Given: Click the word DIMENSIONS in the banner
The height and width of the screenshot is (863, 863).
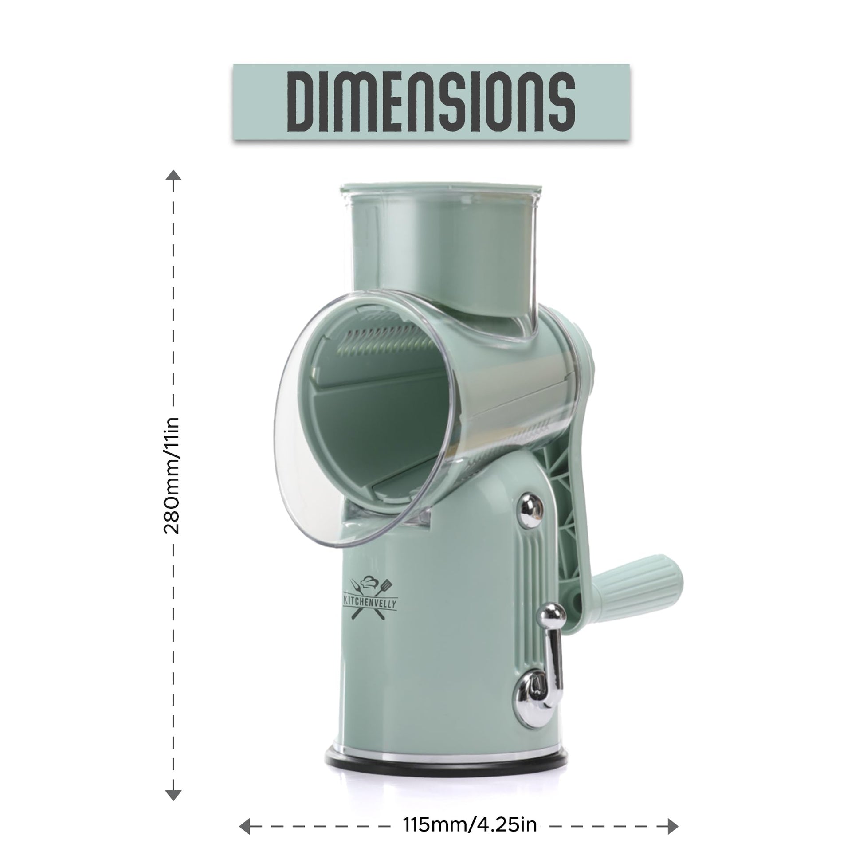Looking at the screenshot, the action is (431, 102).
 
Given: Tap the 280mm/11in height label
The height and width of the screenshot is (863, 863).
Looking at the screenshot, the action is (172, 476).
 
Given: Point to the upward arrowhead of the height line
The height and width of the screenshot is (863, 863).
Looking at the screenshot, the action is (173, 175).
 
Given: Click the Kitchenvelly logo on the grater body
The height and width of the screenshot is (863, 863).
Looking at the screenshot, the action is (369, 598).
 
